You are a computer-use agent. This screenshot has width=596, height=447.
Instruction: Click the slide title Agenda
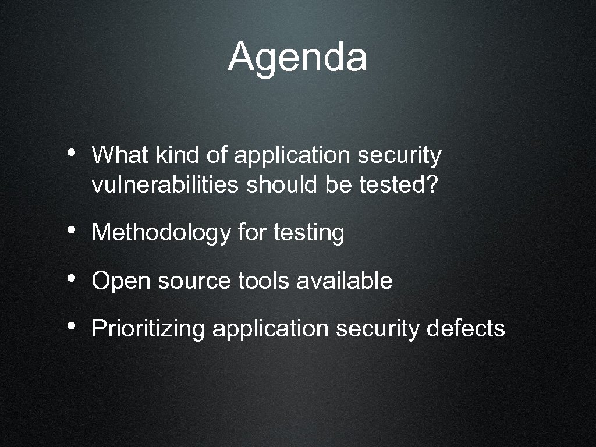click(297, 58)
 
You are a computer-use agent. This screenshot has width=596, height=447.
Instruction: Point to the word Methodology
click(161, 233)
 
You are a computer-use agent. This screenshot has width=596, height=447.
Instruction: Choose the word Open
click(120, 282)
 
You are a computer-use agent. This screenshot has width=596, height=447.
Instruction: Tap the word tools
click(264, 281)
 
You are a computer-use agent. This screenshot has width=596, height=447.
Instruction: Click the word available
click(344, 281)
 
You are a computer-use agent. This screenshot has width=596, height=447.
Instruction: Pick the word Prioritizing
click(148, 329)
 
